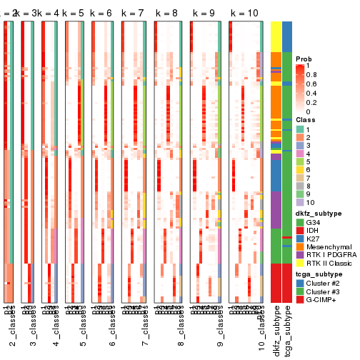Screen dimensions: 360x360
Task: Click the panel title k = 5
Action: click(x=73, y=14)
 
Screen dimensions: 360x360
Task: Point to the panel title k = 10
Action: click(x=244, y=14)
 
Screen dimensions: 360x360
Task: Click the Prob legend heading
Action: click(x=304, y=58)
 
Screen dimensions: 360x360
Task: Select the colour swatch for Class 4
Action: click(x=300, y=154)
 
